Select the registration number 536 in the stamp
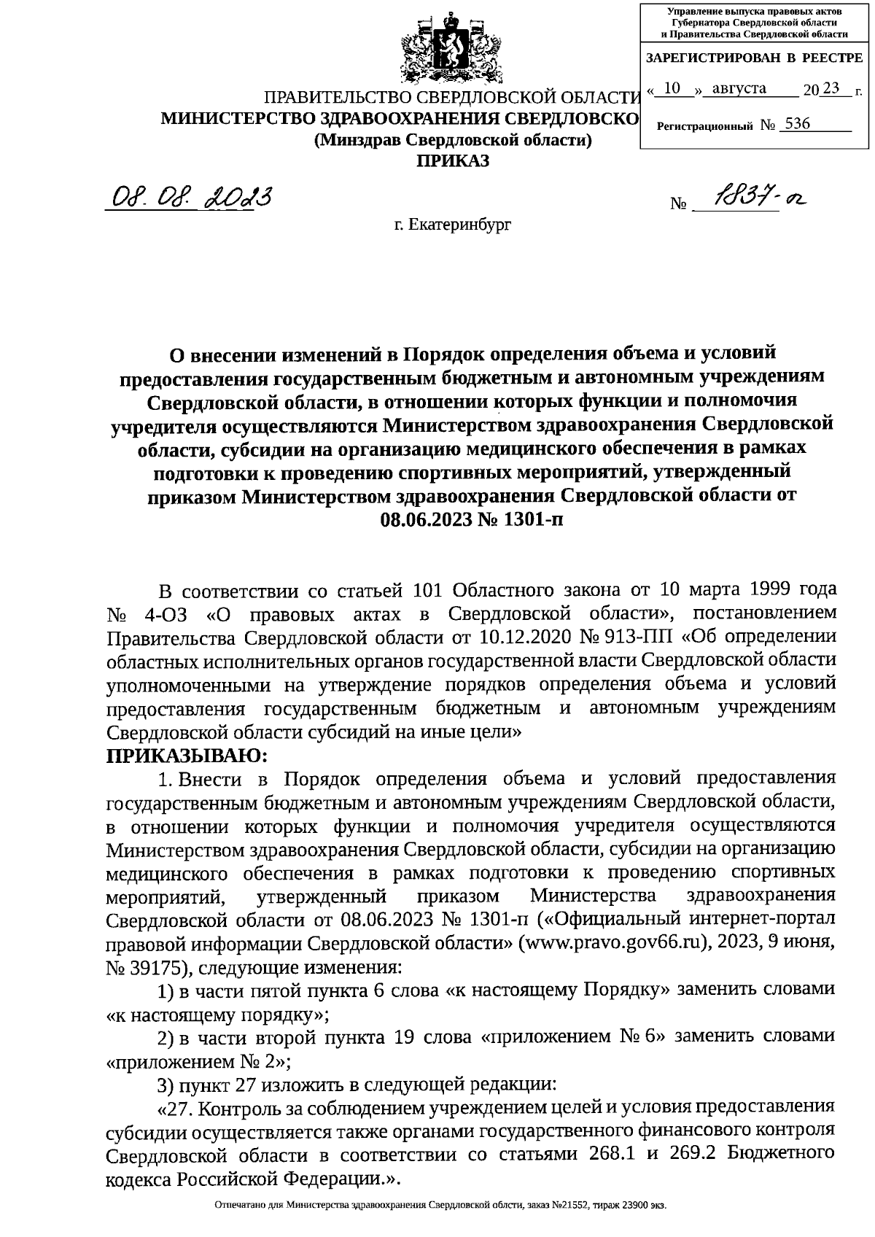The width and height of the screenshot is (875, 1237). click(798, 124)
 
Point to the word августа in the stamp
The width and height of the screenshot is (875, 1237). click(739, 89)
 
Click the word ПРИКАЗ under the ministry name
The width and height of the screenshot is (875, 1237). click(452, 160)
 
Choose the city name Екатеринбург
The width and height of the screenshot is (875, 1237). click(453, 225)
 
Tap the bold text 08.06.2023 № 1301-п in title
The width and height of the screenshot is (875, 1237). click(472, 519)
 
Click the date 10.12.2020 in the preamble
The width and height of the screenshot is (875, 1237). click(520, 637)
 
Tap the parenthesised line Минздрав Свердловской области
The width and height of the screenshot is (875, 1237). click(452, 140)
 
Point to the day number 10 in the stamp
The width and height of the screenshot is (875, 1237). click(673, 89)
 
